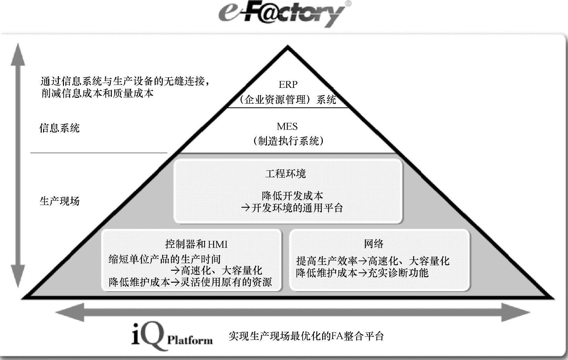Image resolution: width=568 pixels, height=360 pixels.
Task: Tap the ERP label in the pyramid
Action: pos(288,84)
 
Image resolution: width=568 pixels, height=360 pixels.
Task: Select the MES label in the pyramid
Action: pos(287,126)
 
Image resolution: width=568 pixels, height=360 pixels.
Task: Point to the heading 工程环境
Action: pos(286,174)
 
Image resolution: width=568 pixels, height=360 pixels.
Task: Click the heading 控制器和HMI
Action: pos(196,244)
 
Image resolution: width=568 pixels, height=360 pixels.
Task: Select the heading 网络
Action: pos(374,244)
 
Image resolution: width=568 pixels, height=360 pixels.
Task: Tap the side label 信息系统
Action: pos(59,128)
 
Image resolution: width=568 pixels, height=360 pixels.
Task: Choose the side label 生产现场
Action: pos(60,201)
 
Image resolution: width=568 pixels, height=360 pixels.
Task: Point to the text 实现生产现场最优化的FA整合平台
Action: pos(306,336)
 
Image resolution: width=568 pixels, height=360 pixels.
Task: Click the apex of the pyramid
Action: pos(288,49)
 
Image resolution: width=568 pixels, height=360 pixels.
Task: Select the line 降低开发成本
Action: pos(292,196)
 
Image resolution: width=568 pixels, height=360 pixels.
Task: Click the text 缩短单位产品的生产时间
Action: pos(164,259)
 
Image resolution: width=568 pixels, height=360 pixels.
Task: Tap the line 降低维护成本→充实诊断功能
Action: pos(362,273)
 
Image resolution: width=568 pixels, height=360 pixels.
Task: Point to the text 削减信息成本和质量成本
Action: pos(97,93)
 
